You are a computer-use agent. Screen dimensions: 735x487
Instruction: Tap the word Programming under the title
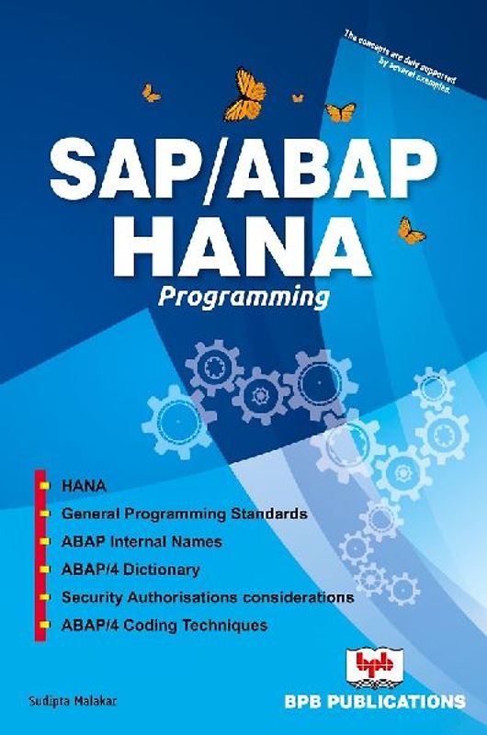[x=245, y=297]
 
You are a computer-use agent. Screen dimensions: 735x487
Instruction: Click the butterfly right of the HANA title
[x=412, y=230]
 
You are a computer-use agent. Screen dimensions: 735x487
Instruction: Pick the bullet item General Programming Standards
[x=184, y=512]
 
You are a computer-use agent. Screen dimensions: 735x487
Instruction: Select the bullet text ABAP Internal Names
[x=142, y=540]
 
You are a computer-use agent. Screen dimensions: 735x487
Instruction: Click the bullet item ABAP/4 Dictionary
[x=130, y=569]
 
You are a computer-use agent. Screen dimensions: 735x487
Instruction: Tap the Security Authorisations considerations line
[x=208, y=596]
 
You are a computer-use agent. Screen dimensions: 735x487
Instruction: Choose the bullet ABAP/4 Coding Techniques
[x=164, y=625]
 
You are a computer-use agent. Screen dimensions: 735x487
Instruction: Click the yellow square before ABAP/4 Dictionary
[x=44, y=570]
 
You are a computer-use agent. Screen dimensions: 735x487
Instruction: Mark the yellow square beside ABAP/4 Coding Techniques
[x=44, y=626]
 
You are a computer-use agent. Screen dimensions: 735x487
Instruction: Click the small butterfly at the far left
[x=150, y=93]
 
